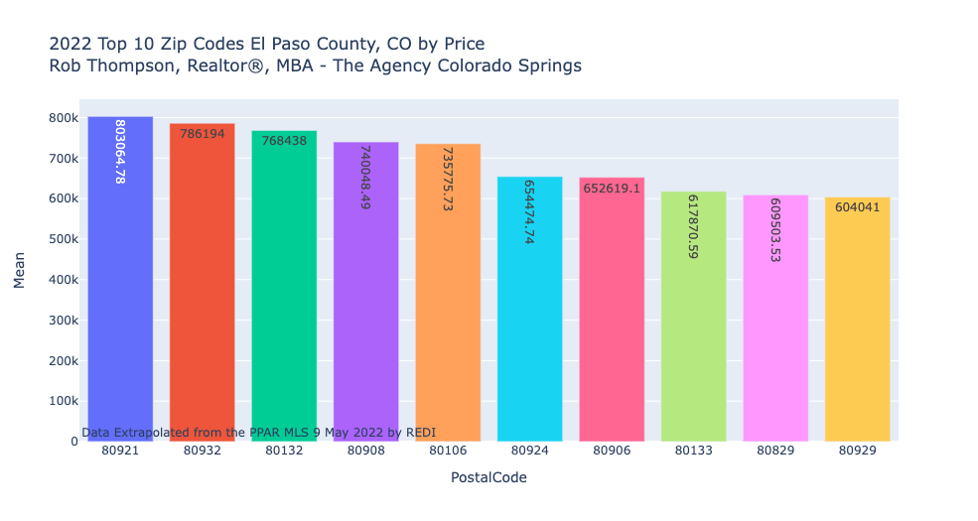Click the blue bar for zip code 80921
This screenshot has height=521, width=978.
pos(120,298)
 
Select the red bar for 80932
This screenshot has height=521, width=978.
pos(202,298)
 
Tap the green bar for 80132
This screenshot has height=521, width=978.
pos(284,298)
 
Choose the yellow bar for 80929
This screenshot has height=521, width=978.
pos(857,327)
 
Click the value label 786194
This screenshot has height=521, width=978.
pos(202,134)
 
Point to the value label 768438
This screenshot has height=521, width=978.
pos(284,141)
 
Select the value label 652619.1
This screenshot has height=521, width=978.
pos(612,188)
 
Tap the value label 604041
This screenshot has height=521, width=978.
pos(857,207)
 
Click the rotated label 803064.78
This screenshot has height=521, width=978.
pos(120,152)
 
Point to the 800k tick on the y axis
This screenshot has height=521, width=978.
pos(63,118)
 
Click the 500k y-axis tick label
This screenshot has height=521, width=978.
pos(63,239)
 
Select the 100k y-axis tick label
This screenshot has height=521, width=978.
pos(63,401)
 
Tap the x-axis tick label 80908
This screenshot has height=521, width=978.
pos(365,451)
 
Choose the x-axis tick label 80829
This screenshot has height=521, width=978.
pos(774,451)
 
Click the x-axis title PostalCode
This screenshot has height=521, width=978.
pos(489,477)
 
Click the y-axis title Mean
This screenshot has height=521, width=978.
pos(20,269)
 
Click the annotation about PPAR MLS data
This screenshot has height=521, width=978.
pos(258,433)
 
